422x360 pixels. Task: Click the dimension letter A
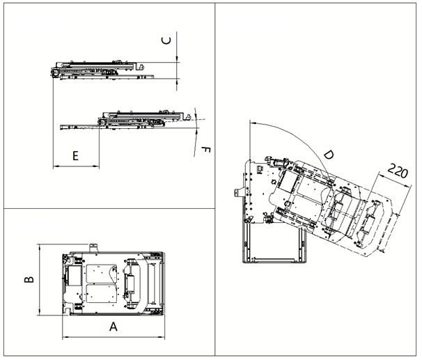coord(114,327)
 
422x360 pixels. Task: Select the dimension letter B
coord(29,279)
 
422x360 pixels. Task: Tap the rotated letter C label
coord(166,40)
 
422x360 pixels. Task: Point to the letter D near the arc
coord(329,155)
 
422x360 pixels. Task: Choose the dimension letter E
coord(76,156)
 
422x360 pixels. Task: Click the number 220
coord(398,171)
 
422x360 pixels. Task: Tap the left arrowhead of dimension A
coord(65,336)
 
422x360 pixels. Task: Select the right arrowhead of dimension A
coord(162,336)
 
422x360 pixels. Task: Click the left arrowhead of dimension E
coord(56,166)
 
